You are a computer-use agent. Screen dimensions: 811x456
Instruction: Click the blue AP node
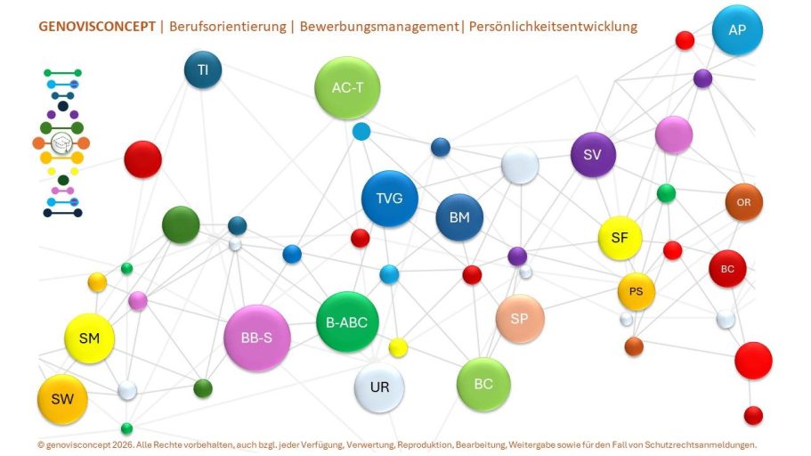pos(737,30)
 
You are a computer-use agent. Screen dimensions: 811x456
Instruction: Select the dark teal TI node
pos(203,69)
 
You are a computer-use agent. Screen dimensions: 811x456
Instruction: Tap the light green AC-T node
pos(347,88)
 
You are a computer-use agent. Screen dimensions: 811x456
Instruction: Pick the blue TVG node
pos(389,199)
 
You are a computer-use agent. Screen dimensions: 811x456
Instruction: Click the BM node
pos(459,217)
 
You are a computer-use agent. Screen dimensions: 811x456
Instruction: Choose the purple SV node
pos(593,155)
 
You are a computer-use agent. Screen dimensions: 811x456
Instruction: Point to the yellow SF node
pos(620,238)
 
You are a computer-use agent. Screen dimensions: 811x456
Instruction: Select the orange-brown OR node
pos(743,202)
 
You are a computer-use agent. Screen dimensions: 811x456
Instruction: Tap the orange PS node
pos(637,292)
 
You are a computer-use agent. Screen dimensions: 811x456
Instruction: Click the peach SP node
pos(519,319)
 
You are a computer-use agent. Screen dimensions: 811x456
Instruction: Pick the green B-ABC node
pos(347,322)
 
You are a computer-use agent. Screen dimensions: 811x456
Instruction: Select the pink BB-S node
pos(257,338)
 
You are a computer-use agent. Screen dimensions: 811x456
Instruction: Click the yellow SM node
pos(89,338)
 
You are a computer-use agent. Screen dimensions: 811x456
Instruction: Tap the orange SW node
pos(62,400)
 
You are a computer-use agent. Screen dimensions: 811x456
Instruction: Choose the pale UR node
pos(379,387)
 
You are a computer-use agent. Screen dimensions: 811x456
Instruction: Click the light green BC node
pos(483,384)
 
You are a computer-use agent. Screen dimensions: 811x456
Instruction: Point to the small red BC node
pos(727,269)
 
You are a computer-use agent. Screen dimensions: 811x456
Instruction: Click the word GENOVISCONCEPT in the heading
pos(97,27)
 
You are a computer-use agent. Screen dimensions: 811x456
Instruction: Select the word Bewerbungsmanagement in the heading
pos(379,27)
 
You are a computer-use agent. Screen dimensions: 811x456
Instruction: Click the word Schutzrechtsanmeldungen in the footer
pos(701,444)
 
